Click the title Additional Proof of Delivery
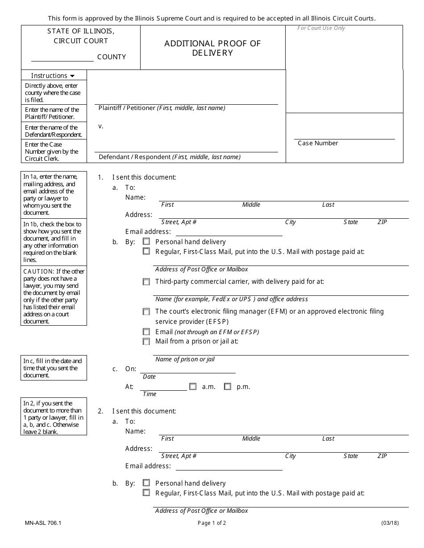[x=212, y=48]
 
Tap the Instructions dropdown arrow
[x=72, y=76]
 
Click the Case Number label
[x=318, y=143]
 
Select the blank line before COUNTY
[x=62, y=57]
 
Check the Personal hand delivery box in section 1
[x=146, y=241]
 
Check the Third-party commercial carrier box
[x=146, y=282]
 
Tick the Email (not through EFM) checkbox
[x=146, y=332]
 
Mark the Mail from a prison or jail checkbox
[x=146, y=342]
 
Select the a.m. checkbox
[x=193, y=387]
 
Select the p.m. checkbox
[x=228, y=387]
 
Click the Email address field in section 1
[x=229, y=232]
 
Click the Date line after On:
[x=187, y=369]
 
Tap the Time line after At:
[x=163, y=386]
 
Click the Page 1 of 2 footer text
[x=212, y=523]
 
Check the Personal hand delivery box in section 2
[x=146, y=483]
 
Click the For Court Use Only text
[x=321, y=28]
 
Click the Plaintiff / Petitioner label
[x=127, y=108]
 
